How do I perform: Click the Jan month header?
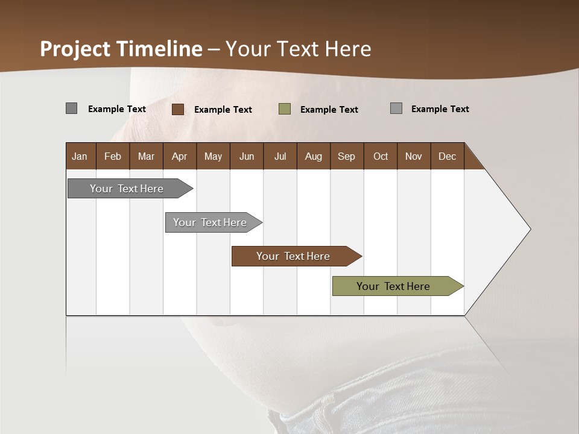tap(80, 156)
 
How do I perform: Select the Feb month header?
tap(113, 156)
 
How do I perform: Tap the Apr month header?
tap(179, 156)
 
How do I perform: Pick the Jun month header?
tap(247, 156)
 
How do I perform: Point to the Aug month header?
tap(313, 156)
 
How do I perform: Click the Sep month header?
tap(346, 156)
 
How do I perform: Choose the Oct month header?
tap(381, 156)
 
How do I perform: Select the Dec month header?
tap(447, 156)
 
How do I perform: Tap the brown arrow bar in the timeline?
tap(294, 256)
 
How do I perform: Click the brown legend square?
tap(178, 109)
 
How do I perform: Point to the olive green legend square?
tap(285, 109)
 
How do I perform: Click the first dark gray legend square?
tap(72, 108)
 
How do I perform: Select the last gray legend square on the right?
tap(396, 108)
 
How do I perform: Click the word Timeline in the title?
tap(158, 49)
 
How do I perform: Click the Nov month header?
tap(414, 156)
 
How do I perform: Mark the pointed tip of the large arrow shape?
tap(530, 228)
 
